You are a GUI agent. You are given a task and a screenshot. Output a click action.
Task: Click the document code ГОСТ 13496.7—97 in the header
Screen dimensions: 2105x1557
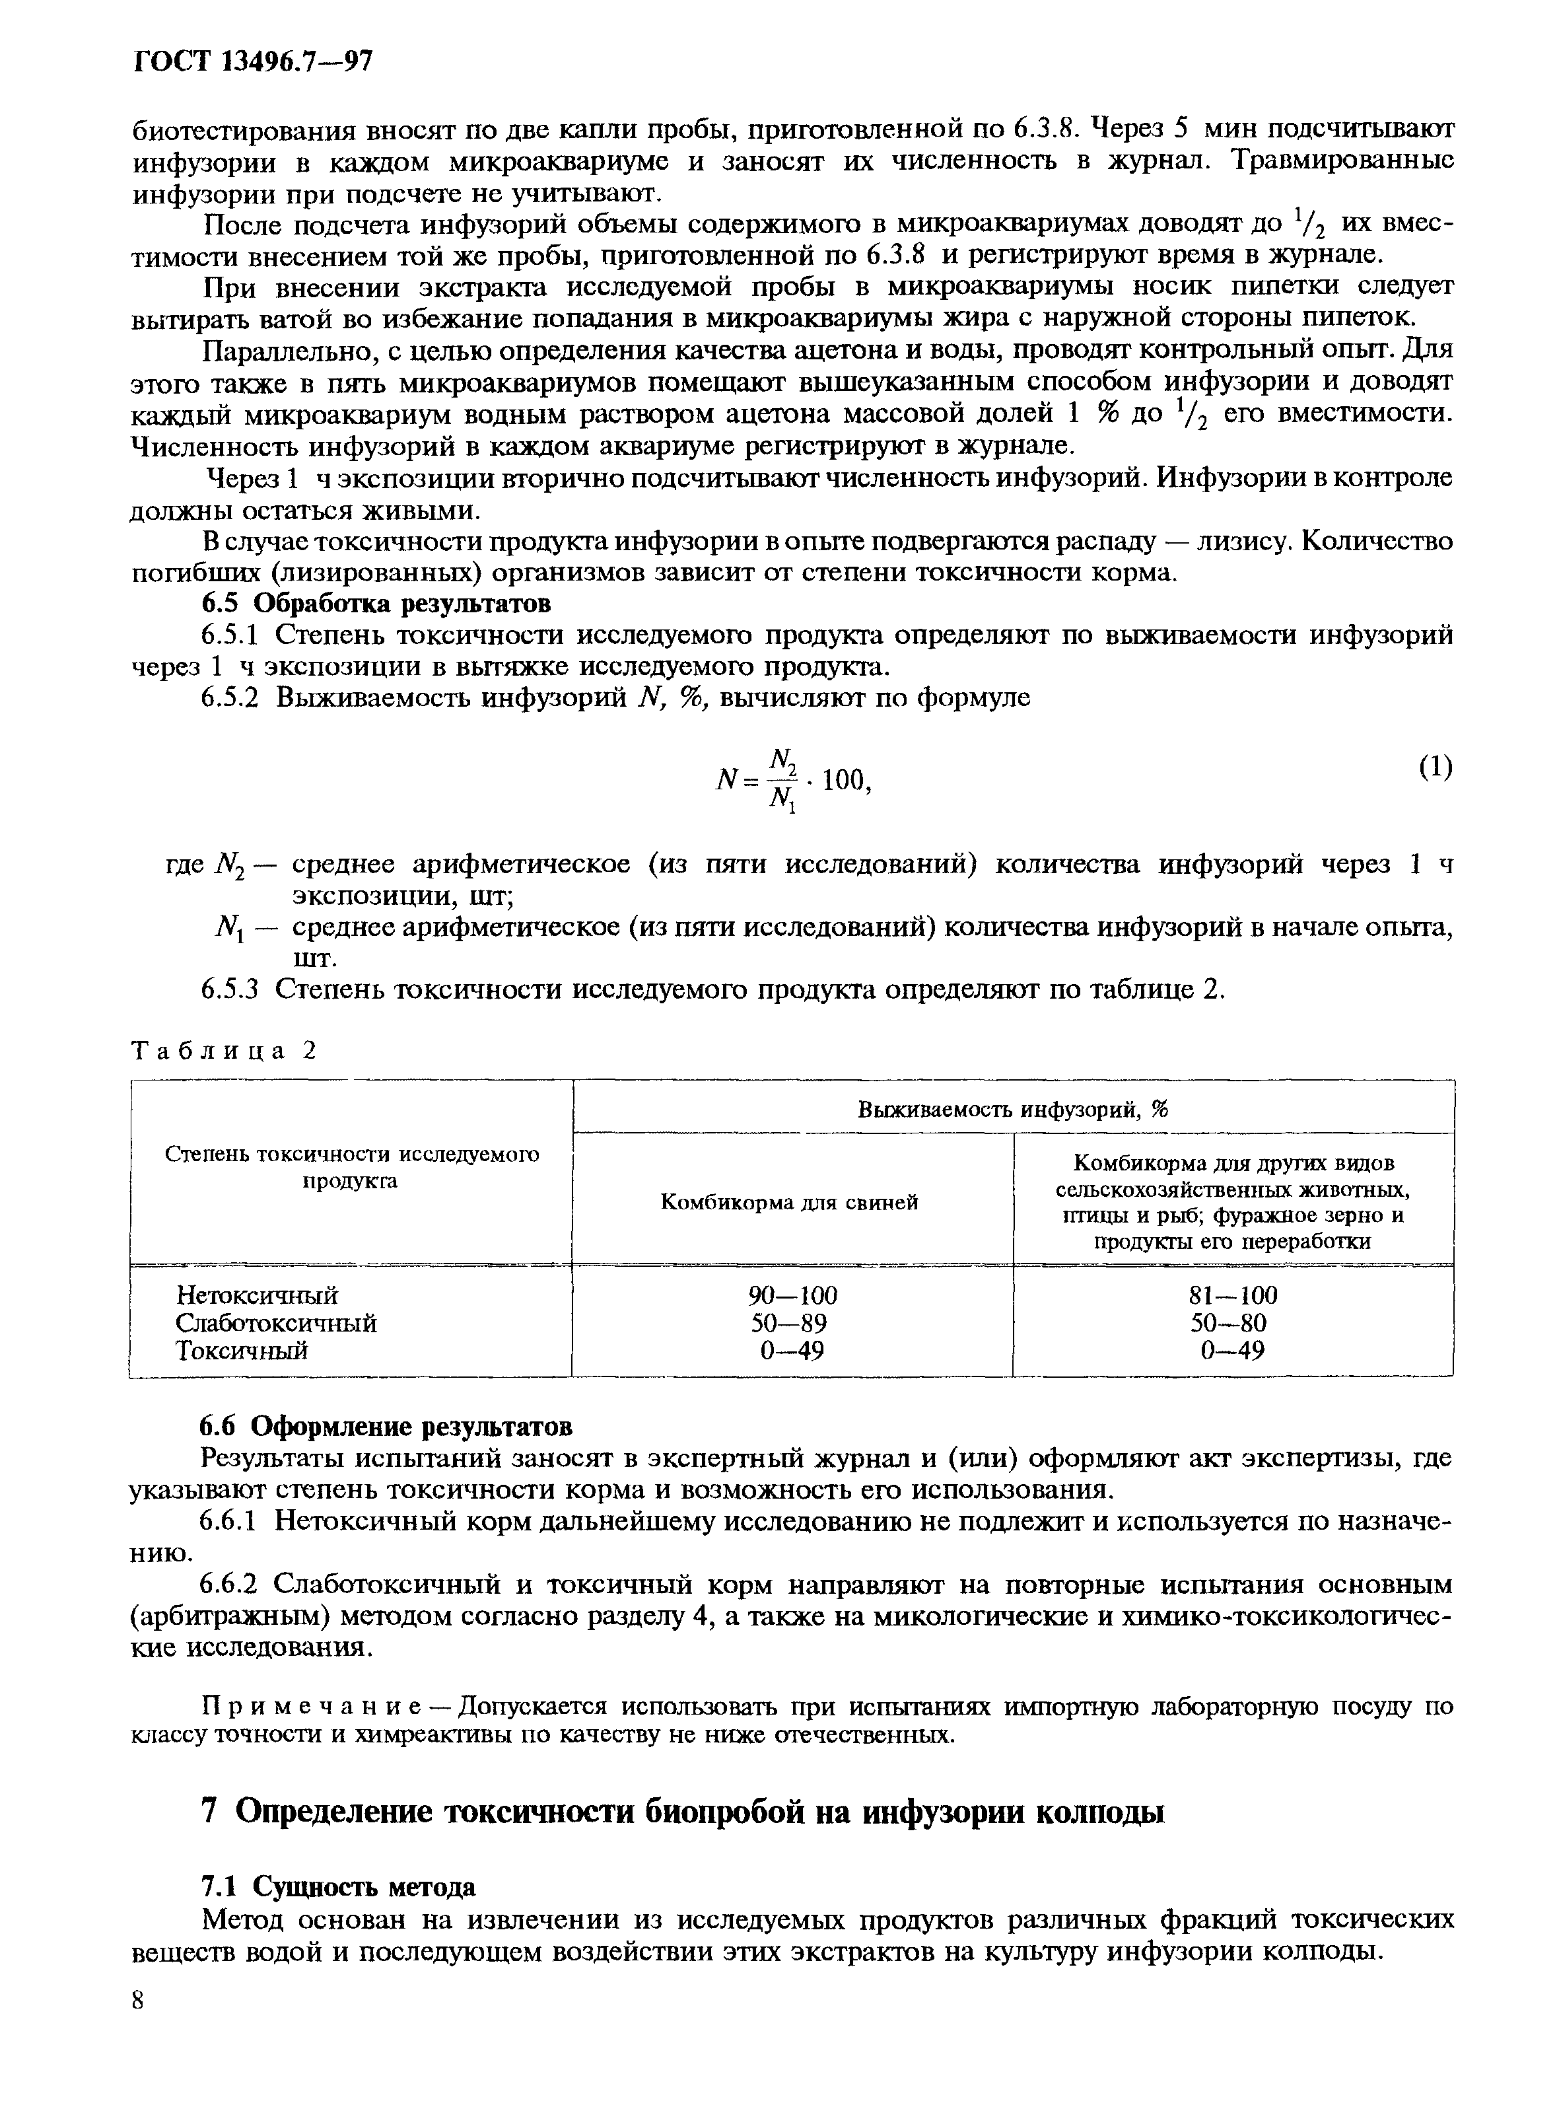pyautogui.click(x=254, y=62)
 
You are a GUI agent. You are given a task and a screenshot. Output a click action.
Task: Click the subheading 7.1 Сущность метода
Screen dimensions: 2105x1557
pyautogui.click(x=339, y=1886)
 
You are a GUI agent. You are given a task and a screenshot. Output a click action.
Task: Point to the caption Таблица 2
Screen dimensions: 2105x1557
pyautogui.click(x=223, y=1050)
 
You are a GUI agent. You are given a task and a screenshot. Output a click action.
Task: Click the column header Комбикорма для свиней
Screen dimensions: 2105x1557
pyautogui.click(x=789, y=1202)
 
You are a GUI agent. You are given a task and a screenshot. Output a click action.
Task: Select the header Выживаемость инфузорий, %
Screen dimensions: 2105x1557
pyautogui.click(x=1012, y=1110)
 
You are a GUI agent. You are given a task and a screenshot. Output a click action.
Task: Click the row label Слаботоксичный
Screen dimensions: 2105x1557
pyautogui.click(x=276, y=1322)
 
